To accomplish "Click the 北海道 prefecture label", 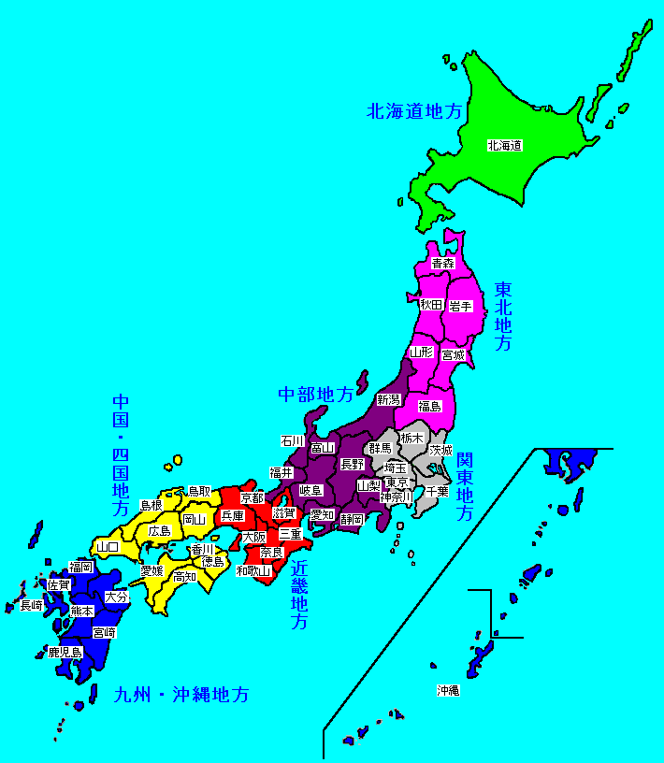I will coord(503,145).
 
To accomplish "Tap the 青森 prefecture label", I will coord(442,265).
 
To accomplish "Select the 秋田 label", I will coord(430,305).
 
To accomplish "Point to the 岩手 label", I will coord(460,305).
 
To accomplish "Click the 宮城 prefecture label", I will coord(454,354).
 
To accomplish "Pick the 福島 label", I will coord(429,406).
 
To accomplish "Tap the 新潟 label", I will coord(388,399).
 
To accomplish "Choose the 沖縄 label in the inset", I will coord(448,691).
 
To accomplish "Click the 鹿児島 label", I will coord(65,652).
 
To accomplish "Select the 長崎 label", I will coord(32,605).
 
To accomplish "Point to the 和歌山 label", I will coord(253,569).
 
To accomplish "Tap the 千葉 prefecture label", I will coord(437,490).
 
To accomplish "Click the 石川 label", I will coord(293,440).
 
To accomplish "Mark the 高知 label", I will coord(185,577).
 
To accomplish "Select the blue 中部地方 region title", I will coord(316,395).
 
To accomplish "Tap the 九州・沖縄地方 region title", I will coord(181,696).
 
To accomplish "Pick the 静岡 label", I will coord(352,518).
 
